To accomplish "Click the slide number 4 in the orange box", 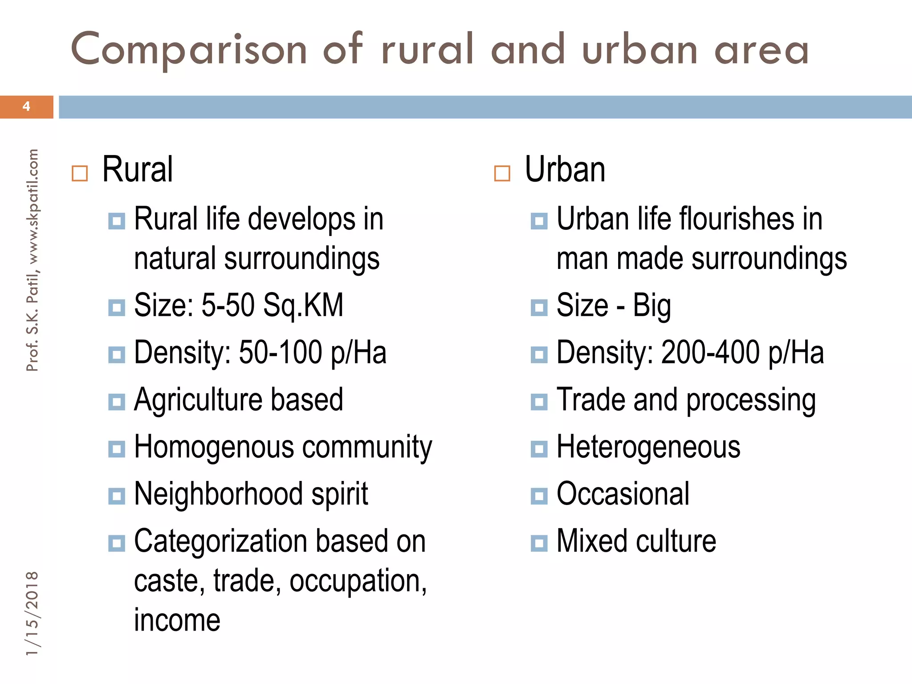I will tap(26, 106).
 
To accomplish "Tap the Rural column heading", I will tap(137, 170).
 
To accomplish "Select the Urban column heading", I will tap(565, 170).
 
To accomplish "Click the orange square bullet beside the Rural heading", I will tap(80, 173).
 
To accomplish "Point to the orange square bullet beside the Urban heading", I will tap(502, 173).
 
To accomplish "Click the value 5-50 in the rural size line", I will tap(228, 305).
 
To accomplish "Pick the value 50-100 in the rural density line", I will tap(280, 353).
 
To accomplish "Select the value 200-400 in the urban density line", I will tap(710, 353).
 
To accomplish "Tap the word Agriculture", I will tap(196, 400).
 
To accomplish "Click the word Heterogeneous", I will tap(648, 447).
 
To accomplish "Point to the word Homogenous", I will tap(214, 447).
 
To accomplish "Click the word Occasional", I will tap(623, 494).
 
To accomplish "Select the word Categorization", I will tap(221, 541).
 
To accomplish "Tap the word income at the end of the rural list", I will tap(177, 620).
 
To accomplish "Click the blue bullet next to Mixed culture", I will tap(539, 543).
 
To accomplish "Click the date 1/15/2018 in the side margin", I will tap(32, 613).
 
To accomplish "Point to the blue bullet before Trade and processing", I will tap(539, 402).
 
